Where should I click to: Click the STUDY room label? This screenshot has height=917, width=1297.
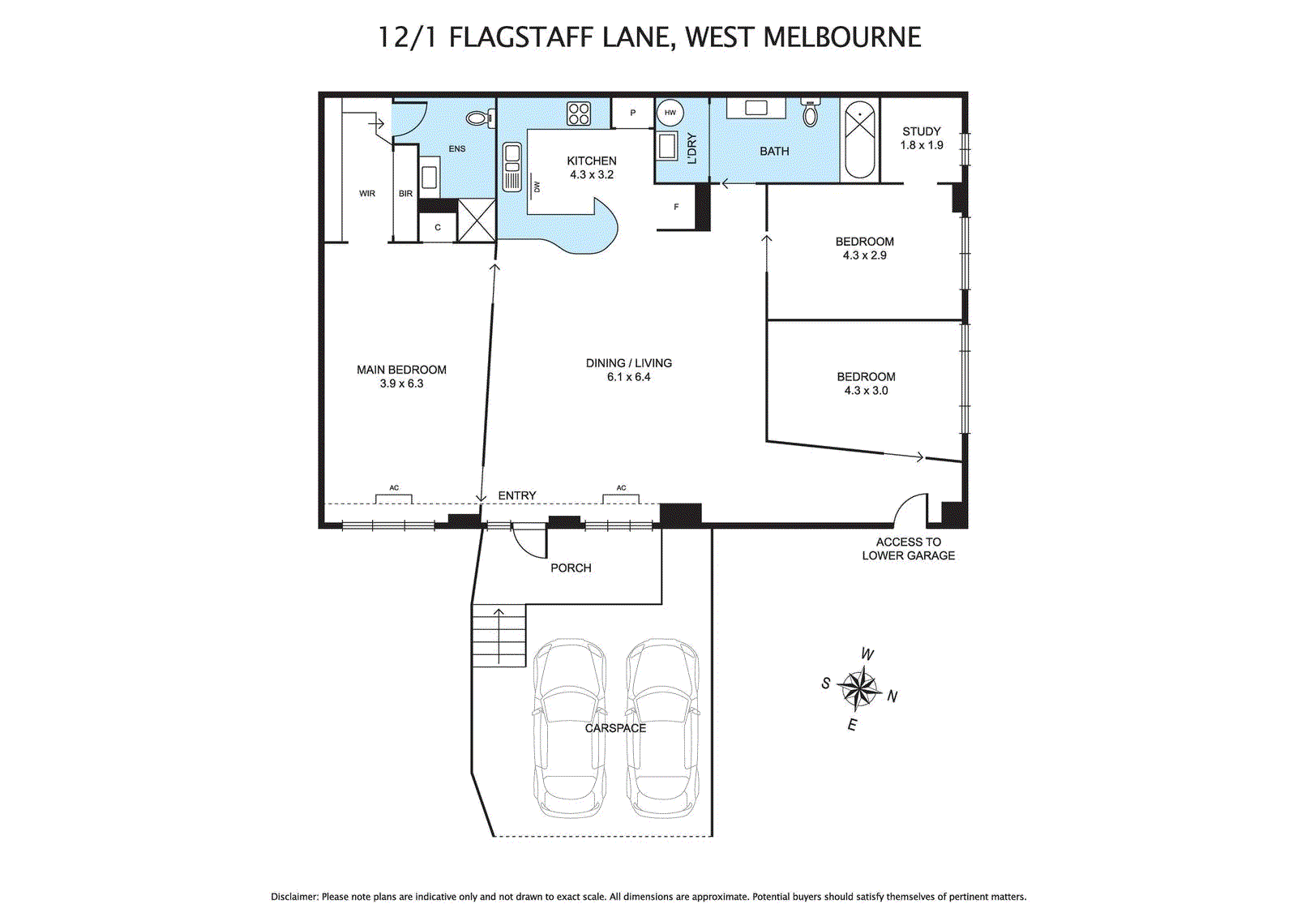921,131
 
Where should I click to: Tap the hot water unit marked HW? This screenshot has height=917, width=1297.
670,113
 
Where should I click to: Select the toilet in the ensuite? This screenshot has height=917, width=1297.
480,119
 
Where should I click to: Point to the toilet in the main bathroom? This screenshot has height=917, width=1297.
811,113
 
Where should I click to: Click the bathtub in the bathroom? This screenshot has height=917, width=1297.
859,139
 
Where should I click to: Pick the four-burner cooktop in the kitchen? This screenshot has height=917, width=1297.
579,114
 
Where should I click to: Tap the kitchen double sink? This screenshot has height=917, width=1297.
512,167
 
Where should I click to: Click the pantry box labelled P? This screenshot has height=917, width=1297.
633,113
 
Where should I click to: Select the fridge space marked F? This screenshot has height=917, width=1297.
676,207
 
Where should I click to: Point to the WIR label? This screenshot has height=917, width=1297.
367,194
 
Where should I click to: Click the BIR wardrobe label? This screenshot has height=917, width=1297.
405,194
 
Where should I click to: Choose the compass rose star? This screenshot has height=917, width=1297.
858,688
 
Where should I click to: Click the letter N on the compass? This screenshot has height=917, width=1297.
892,696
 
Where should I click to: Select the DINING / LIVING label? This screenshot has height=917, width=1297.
629,363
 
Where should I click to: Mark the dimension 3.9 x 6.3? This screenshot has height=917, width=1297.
401,384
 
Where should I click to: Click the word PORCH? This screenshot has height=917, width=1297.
571,568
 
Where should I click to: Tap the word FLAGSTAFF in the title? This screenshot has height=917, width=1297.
521,37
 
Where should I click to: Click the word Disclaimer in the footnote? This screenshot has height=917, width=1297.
295,897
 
